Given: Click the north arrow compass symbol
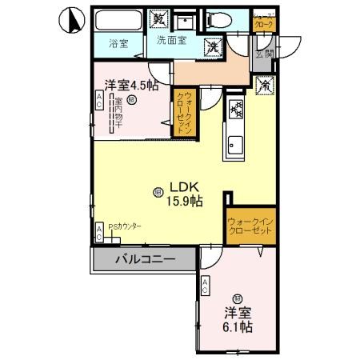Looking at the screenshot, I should click(x=70, y=19).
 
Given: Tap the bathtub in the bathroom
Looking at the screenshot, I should click(x=118, y=22).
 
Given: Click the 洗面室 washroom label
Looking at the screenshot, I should click(x=171, y=39).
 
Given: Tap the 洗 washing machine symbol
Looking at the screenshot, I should click(x=214, y=47).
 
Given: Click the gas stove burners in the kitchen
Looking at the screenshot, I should click(x=237, y=110).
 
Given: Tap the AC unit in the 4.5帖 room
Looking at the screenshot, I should click(x=99, y=100).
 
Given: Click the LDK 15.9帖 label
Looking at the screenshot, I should click(x=182, y=193).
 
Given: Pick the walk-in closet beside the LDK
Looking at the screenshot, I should click(x=250, y=226).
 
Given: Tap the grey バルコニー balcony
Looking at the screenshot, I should click(x=144, y=259).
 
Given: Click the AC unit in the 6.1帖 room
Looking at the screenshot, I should click(x=206, y=285).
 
